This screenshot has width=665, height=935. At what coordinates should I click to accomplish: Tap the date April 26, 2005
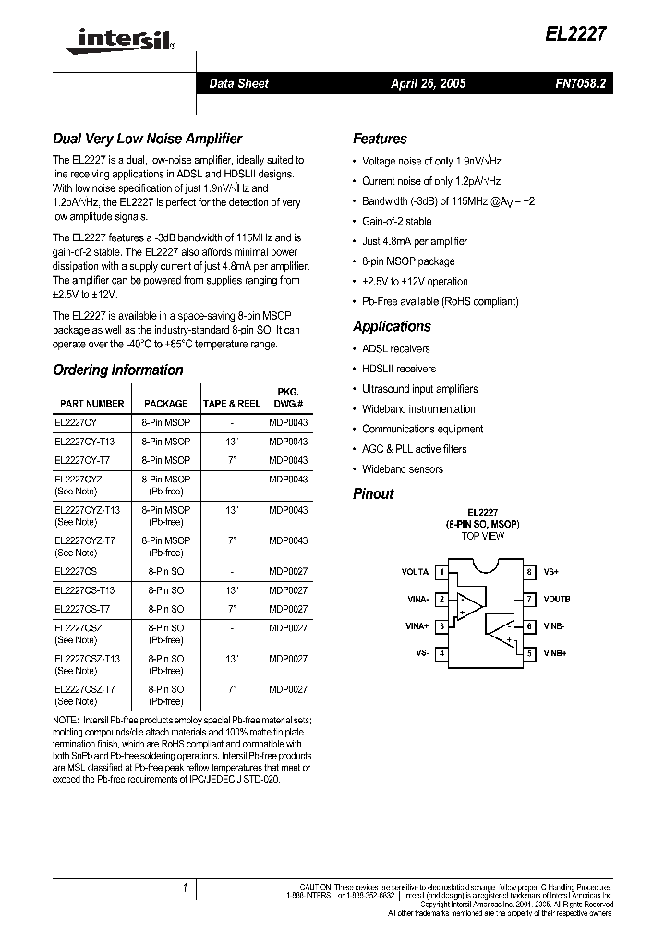428,83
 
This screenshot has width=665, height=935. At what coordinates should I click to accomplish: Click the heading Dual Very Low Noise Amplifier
147,139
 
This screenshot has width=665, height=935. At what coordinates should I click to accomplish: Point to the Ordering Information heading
118,370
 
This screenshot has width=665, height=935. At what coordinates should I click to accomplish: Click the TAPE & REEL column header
231,404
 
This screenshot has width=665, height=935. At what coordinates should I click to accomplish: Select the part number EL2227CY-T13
85,442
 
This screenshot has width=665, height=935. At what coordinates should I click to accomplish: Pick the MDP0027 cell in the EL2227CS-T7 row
288,609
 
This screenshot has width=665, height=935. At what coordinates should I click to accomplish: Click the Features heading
380,139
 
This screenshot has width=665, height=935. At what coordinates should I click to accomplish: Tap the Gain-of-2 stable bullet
396,222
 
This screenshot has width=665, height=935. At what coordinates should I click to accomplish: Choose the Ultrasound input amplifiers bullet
419,389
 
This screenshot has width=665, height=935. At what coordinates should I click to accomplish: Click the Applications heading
392,326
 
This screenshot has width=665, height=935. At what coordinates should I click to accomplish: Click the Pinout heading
373,493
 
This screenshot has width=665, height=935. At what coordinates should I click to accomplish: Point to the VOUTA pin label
415,572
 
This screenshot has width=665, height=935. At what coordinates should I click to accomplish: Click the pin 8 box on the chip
529,572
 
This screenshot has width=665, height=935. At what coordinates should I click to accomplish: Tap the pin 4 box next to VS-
442,653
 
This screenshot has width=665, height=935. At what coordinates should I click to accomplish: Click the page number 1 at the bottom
186,888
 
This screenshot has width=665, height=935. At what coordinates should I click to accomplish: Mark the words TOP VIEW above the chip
482,536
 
